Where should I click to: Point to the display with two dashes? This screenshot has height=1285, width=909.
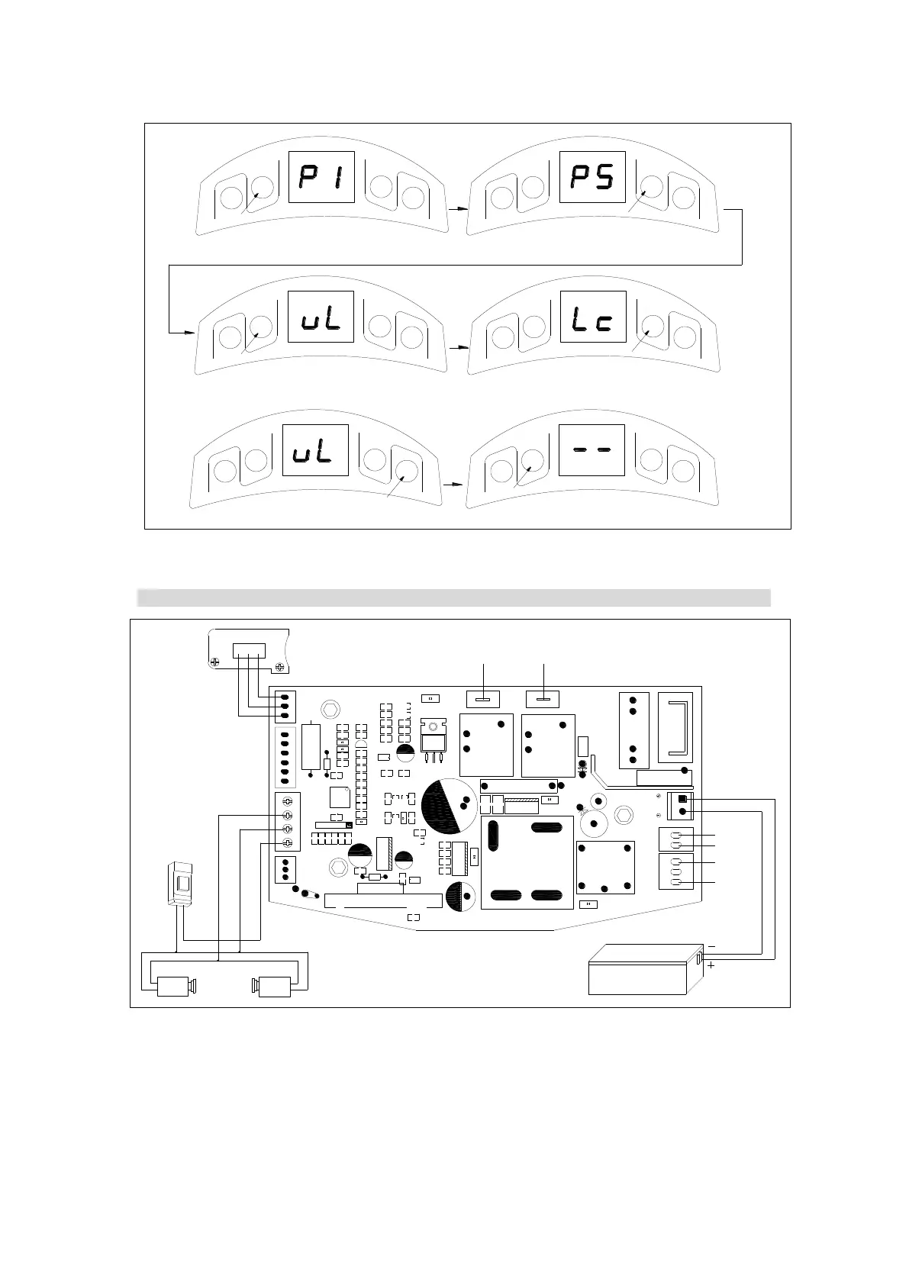[x=592, y=450]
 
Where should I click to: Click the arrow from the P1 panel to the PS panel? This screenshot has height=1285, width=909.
[x=457, y=208]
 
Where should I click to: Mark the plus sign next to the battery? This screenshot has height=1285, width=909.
[x=711, y=965]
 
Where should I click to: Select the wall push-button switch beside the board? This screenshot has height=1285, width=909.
[x=183, y=884]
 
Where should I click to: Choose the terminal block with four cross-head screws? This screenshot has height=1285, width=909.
[x=288, y=822]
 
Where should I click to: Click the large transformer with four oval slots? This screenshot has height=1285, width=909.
[x=527, y=862]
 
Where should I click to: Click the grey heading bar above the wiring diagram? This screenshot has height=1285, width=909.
[x=453, y=597]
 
